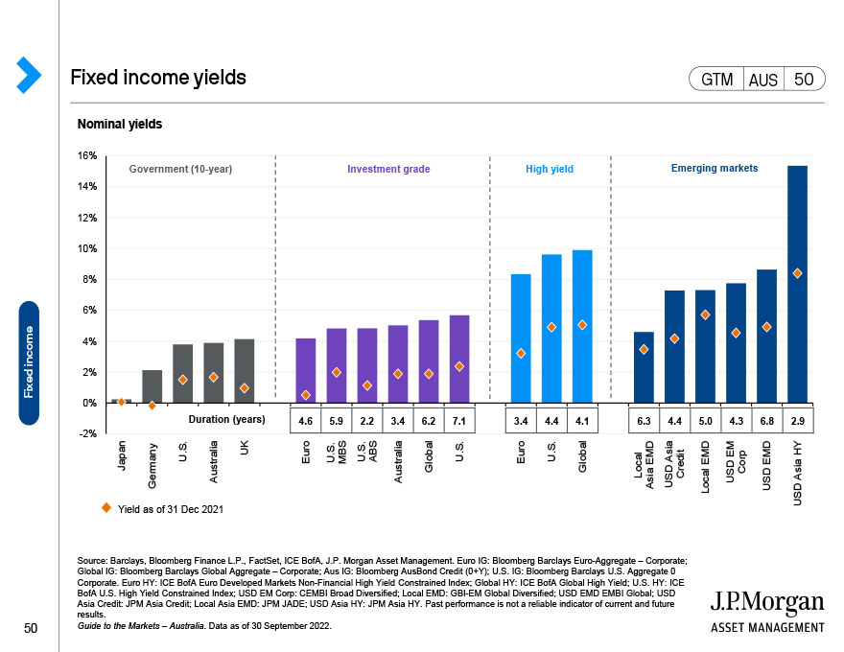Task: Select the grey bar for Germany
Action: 152,386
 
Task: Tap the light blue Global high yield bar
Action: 582,326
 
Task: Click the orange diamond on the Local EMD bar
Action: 705,314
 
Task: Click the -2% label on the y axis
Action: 86,433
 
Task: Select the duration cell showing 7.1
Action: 459,419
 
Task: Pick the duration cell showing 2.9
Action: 797,419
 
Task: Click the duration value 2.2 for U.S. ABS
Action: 367,419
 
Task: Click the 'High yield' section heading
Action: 550,170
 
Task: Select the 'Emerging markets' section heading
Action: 714,169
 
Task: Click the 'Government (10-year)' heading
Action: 181,170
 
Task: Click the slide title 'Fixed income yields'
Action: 158,78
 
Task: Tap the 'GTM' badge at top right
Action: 716,80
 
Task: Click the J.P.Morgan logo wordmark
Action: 767,603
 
